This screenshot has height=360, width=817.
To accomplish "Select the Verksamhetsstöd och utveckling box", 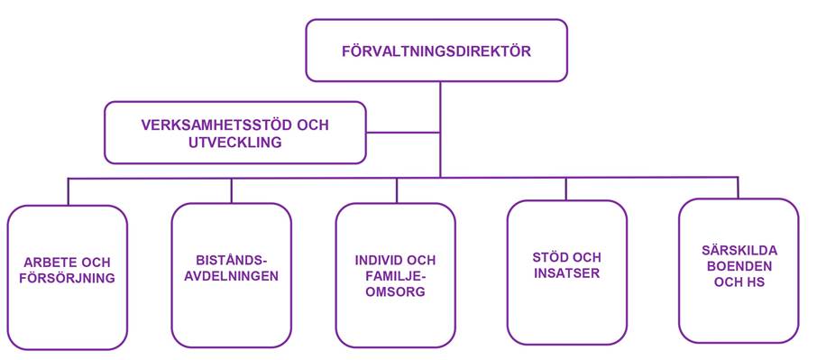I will click(x=235, y=133).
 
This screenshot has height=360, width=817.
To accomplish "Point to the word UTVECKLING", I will click(x=235, y=143).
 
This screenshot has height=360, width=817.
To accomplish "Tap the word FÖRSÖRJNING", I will click(x=68, y=279).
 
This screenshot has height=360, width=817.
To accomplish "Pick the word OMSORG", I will click(x=395, y=293).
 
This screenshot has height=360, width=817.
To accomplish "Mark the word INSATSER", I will click(x=566, y=273).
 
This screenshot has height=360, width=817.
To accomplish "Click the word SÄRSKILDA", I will click(x=739, y=249).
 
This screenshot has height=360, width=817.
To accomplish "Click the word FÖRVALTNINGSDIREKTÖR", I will click(x=436, y=51).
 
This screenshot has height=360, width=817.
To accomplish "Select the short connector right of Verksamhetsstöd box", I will click(x=403, y=133).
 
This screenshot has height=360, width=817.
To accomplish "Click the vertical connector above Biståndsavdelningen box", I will click(x=232, y=189).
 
